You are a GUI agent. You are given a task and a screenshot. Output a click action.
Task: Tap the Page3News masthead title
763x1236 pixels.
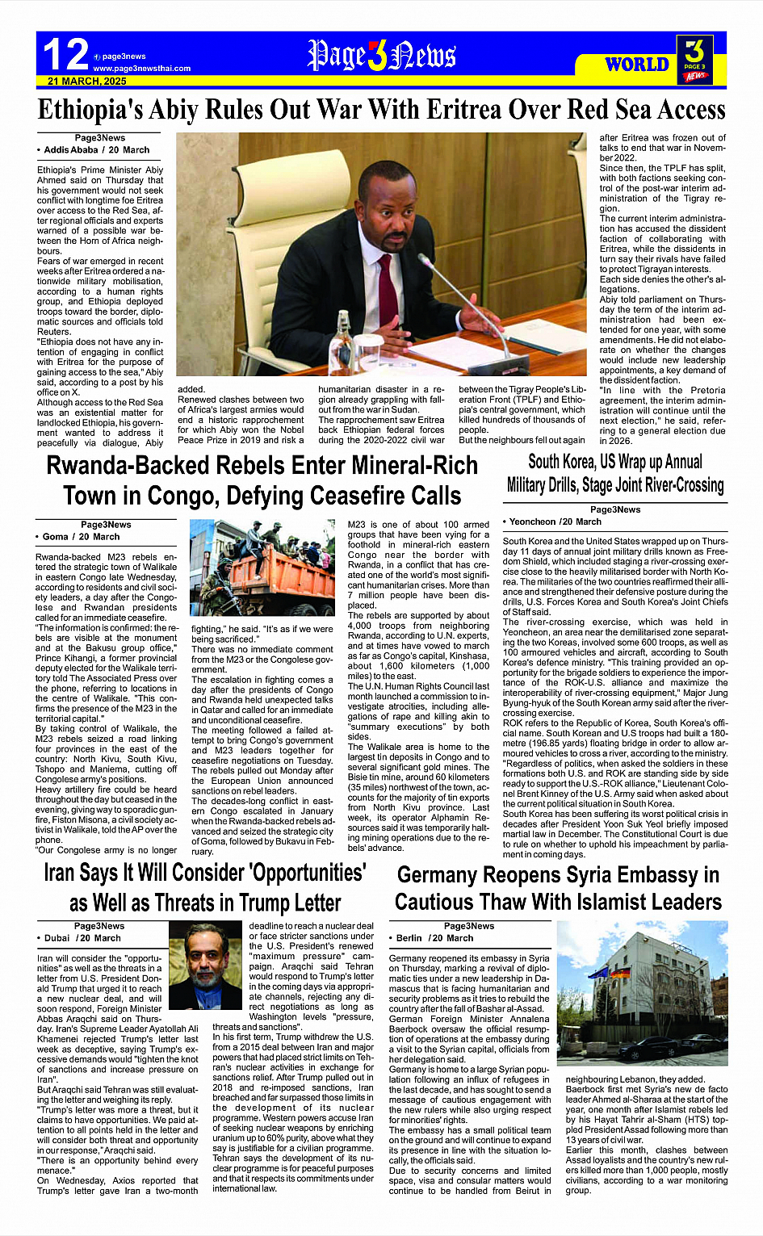coord(381,56)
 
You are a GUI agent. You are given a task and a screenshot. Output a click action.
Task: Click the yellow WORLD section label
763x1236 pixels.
coord(636,65)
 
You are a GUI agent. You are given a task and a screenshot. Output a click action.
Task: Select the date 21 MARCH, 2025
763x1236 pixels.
coord(87,82)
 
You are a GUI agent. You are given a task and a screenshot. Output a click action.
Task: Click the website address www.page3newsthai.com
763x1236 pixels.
coord(142,69)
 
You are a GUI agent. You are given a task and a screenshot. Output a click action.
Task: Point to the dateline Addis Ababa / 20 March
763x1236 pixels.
coord(95,150)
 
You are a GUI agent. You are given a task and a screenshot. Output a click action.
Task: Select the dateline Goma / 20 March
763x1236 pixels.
coord(80,537)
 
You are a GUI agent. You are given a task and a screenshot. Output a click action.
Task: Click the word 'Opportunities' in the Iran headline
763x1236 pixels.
coord(297,873)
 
